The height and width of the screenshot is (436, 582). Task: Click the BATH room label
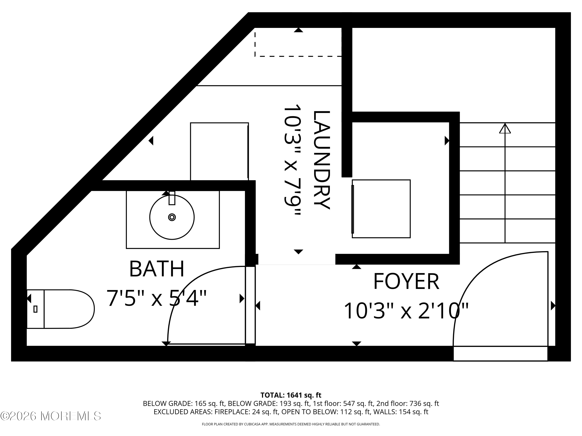click(x=157, y=269)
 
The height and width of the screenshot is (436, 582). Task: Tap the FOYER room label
click(x=406, y=282)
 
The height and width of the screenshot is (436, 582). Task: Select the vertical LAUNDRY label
click(x=321, y=160)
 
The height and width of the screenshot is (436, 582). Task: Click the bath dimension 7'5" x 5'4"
click(x=157, y=298)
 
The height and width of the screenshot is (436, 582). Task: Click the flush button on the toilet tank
click(x=36, y=309)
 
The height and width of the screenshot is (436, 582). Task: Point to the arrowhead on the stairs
click(x=505, y=129)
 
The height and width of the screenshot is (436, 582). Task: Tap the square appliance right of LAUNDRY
click(x=381, y=209)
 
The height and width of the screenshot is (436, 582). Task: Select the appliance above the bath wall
click(x=219, y=151)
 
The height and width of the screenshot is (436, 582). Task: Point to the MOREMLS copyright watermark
click(x=50, y=416)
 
